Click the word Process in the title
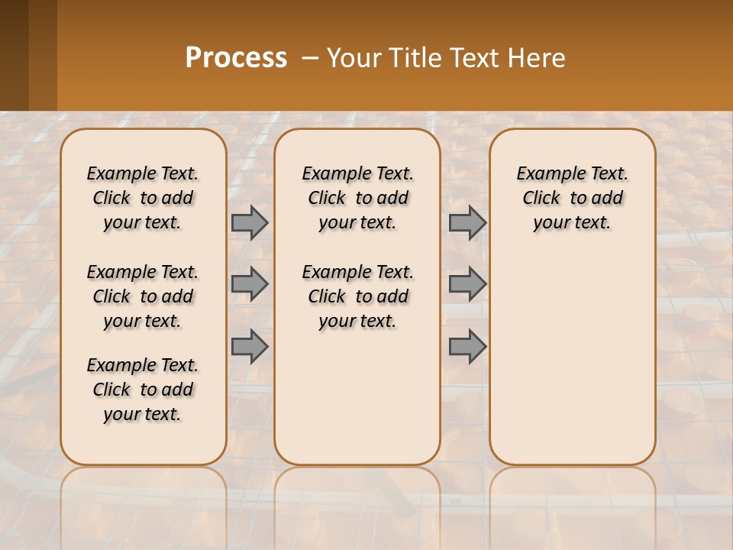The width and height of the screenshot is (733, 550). click(236, 58)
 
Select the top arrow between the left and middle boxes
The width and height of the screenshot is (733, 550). click(250, 222)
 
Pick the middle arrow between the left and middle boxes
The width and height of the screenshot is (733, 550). click(250, 284)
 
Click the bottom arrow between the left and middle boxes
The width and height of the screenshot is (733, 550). click(250, 347)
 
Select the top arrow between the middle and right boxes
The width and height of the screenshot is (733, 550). click(467, 222)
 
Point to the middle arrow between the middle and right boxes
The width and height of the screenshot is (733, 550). click(467, 284)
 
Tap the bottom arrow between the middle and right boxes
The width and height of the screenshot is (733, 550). click(467, 347)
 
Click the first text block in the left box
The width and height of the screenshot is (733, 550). click(143, 198)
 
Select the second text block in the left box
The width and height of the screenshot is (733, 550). click(143, 296)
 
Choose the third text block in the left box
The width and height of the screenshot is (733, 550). click(143, 390)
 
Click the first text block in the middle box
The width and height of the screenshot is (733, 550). click(358, 198)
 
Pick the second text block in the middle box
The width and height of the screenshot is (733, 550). click(358, 296)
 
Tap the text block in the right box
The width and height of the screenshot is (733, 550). click(573, 198)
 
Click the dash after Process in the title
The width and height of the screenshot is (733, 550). click(310, 58)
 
